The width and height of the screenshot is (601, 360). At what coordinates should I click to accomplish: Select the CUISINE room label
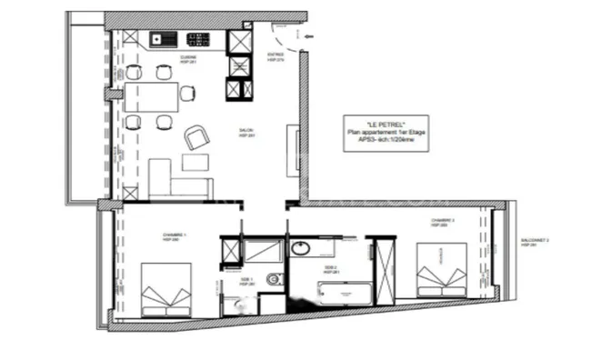[189, 59]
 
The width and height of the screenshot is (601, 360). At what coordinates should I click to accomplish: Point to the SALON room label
[245, 133]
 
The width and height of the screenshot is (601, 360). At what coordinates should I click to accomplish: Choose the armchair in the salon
[196, 137]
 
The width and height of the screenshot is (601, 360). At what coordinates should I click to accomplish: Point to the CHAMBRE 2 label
[444, 222]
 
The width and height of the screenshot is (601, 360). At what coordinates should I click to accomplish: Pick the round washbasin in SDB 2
[301, 248]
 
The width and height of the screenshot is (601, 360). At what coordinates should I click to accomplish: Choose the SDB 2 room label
[331, 269]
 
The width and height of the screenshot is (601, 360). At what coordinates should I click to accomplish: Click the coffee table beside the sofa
[195, 162]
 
